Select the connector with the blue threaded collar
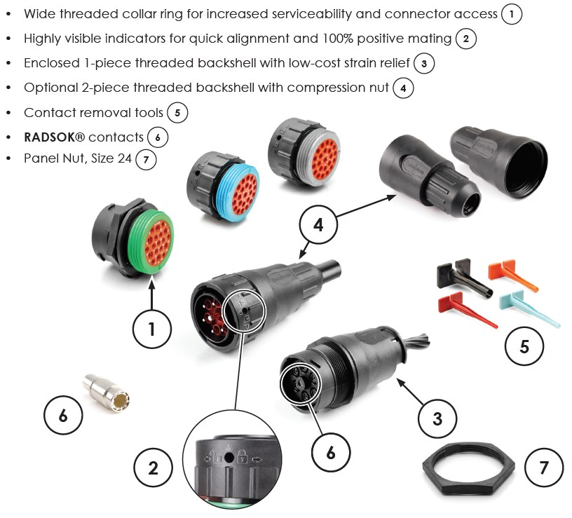222,183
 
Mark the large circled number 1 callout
152,327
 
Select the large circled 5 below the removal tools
524,346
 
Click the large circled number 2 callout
153,468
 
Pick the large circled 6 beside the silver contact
64,416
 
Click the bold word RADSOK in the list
54,137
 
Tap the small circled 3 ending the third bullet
424,63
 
